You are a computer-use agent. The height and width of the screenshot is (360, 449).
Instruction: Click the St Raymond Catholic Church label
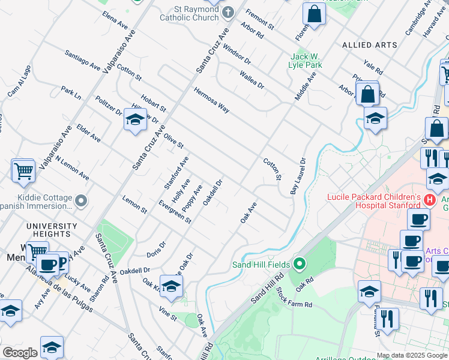click(x=189, y=13)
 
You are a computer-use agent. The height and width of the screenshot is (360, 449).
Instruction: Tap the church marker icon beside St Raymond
click(x=228, y=12)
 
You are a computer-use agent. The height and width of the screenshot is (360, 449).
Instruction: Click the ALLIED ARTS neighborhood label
click(x=369, y=45)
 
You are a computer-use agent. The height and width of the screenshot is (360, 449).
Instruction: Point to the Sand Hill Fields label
click(x=261, y=264)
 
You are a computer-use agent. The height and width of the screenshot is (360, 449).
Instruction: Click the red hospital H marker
click(x=429, y=199)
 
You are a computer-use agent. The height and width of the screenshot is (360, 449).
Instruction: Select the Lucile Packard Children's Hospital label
click(x=373, y=201)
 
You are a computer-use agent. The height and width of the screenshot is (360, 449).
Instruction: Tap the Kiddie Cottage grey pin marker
click(x=82, y=200)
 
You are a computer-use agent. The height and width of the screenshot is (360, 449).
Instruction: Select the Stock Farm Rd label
click(x=294, y=297)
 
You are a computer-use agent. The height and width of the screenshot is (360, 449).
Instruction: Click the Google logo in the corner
click(x=20, y=353)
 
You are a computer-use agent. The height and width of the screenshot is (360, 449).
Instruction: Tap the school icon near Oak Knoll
click(x=171, y=286)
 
